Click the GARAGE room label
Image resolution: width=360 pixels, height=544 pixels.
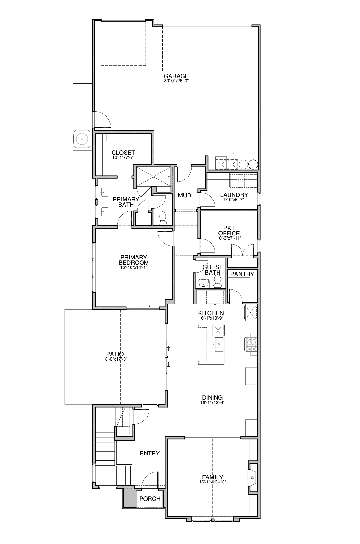click(176, 76)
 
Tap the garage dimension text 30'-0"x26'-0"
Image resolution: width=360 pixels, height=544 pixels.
click(176, 81)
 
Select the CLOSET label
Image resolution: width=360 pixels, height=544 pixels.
click(123, 153)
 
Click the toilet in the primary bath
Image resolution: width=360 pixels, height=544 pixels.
click(163, 218)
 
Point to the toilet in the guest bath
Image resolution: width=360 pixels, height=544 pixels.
click(218, 281)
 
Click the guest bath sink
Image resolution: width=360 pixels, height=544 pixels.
click(204, 283)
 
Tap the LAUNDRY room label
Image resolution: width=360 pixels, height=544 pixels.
click(234, 195)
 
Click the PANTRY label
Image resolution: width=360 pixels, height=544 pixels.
click(242, 274)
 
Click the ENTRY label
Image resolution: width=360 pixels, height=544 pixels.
click(150, 453)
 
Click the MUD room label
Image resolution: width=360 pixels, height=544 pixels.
click(184, 195)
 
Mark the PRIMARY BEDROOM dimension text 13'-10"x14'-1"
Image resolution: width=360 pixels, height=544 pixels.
click(134, 267)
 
